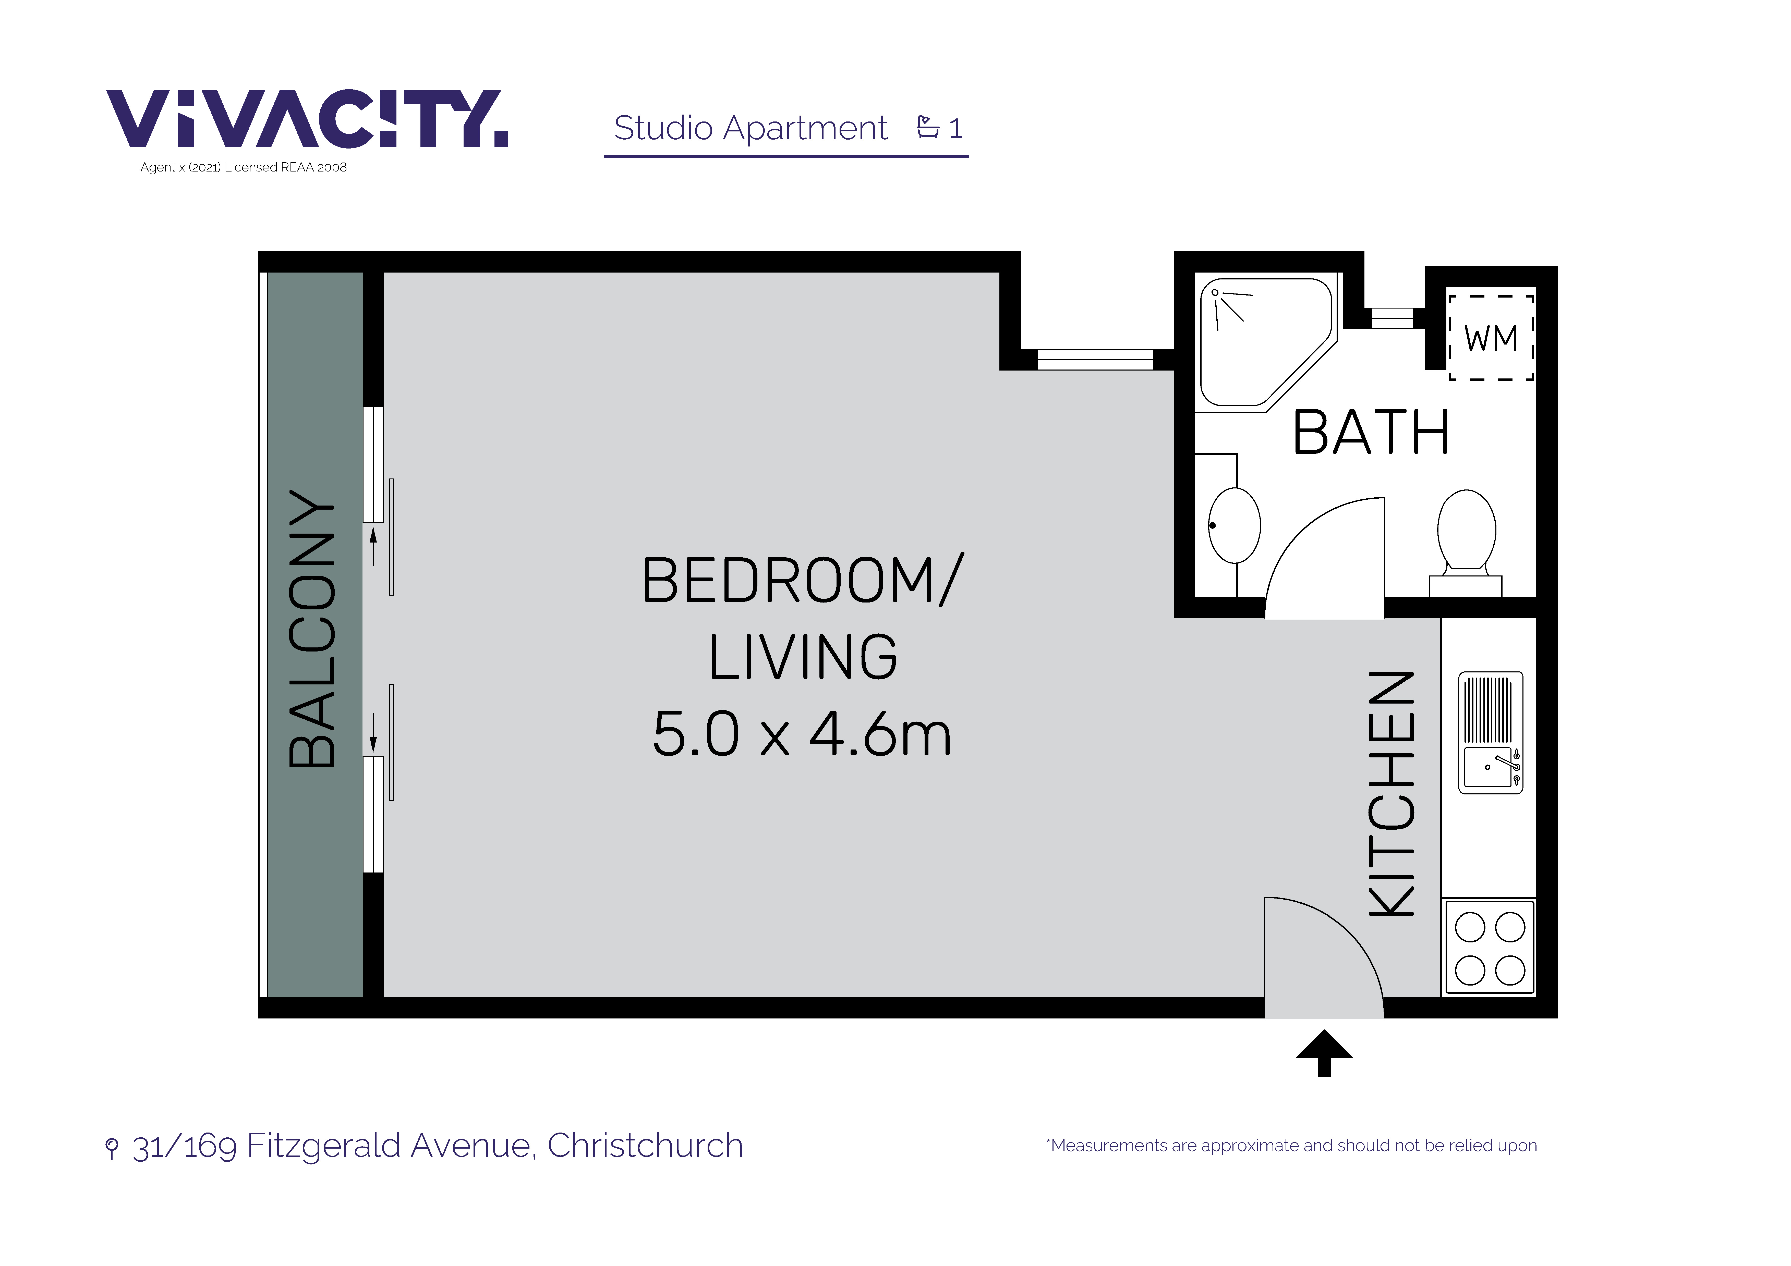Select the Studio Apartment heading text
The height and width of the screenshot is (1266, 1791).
coord(751,128)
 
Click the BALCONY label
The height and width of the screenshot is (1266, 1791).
coord(312,629)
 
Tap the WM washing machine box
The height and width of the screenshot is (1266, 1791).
coord(1491,338)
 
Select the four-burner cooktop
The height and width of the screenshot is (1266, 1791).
coord(1490,948)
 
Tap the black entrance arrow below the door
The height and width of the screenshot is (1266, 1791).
coord(1324,1053)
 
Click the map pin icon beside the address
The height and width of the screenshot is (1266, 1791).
coord(112,1148)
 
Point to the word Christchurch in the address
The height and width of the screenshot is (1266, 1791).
coord(645,1145)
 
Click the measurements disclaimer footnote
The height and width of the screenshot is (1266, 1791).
coord(1292,1145)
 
